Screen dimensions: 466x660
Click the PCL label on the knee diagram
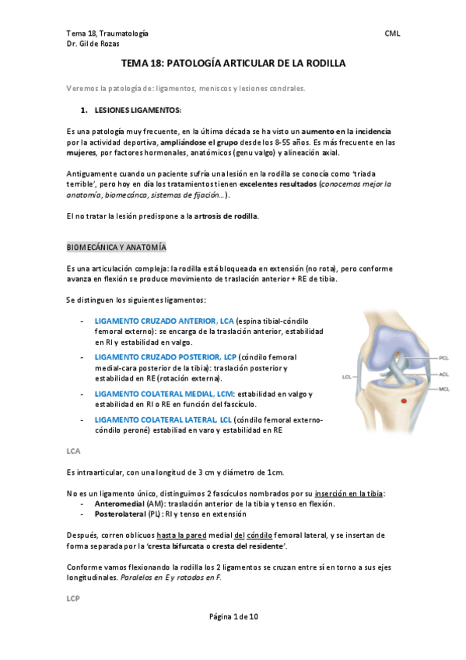tap(443, 358)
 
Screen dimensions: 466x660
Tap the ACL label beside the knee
tap(443, 374)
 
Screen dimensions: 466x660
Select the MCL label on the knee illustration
tap(443, 388)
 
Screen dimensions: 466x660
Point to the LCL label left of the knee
tap(347, 377)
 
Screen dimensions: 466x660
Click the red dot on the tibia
tap(402, 400)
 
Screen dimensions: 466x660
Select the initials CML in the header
tap(393, 34)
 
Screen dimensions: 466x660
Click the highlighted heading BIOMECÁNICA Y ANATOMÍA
tap(116, 247)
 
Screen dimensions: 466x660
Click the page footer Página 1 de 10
tap(233, 616)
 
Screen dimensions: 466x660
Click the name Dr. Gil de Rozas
tap(95, 44)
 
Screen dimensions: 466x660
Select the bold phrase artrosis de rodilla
tap(225, 215)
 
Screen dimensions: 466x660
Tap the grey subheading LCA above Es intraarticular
tap(73, 451)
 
